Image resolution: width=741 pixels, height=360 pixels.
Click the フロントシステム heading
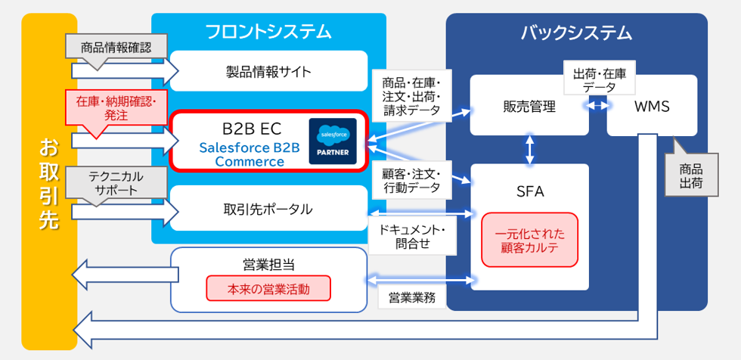point(268,32)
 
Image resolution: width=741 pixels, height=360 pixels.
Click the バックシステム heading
point(576,33)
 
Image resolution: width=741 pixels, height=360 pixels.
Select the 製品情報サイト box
point(268,72)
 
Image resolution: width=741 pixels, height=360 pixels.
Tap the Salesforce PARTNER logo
point(332,140)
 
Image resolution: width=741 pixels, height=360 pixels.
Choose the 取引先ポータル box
point(268,208)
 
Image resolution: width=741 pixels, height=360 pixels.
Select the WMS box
point(652,107)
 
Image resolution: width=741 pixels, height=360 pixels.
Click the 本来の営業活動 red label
point(268,289)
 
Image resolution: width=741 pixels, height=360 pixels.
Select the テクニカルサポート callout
point(116,182)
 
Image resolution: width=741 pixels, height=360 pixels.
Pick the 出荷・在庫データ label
point(599,81)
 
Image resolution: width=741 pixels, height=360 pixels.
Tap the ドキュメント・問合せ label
point(412,236)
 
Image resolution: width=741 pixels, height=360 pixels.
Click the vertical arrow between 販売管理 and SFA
point(529,150)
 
